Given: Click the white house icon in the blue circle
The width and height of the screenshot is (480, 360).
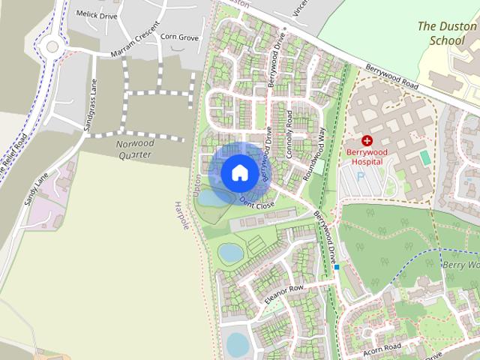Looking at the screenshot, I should tap(239, 172).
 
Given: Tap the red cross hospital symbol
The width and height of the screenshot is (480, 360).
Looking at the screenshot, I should tap(367, 140).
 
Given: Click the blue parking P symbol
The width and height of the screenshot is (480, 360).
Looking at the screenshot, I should tap(359, 176).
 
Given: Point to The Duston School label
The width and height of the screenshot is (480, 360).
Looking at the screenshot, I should tap(446, 32).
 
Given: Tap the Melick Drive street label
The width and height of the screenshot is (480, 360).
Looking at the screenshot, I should tap(97, 13).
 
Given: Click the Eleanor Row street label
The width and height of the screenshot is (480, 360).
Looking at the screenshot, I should tap(283, 293).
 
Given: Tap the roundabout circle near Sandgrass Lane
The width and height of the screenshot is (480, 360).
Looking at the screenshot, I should tap(51, 46).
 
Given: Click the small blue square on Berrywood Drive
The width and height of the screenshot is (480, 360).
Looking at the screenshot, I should tap(337, 266).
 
